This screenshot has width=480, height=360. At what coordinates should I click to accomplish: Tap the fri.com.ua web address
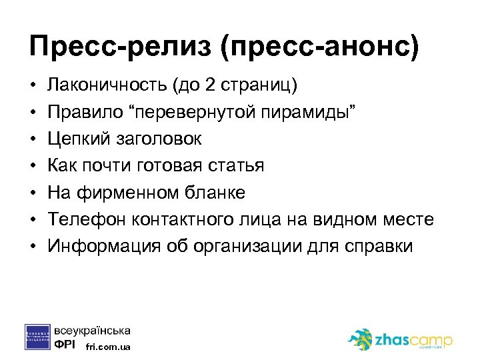coord(109,347)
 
